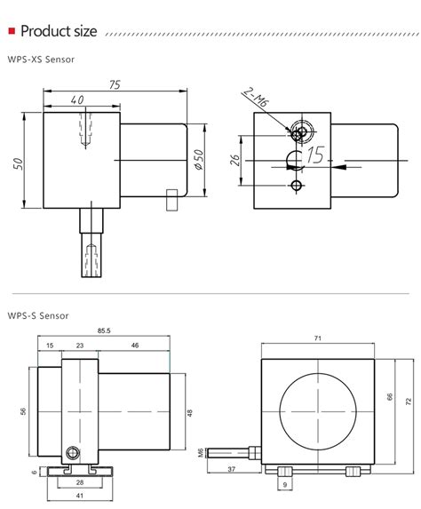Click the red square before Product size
coord(11,33)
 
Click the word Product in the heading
coord(44,33)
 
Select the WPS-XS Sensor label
coord(42,61)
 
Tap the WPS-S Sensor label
coord(38,315)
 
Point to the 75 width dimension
coord(115,85)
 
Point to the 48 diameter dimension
coord(189,412)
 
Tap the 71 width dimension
coord(318,338)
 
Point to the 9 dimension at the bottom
coord(285,485)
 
